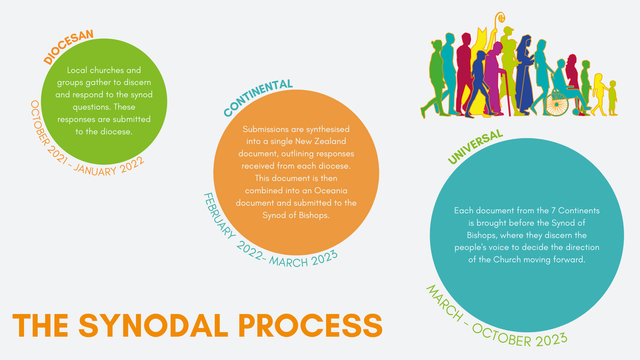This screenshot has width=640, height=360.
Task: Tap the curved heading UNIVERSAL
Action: [x=475, y=147]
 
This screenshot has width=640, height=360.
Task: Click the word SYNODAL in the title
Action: [x=153, y=326]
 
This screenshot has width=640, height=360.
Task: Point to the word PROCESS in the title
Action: [x=311, y=326]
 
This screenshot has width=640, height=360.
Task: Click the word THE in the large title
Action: [x=41, y=326]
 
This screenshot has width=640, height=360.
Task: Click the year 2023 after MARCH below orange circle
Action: [x=325, y=258]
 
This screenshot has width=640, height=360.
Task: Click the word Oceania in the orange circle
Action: [x=331, y=190]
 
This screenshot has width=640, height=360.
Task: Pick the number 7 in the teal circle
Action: [x=553, y=211]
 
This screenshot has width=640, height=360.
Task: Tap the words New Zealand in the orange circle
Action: [x=321, y=141]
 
